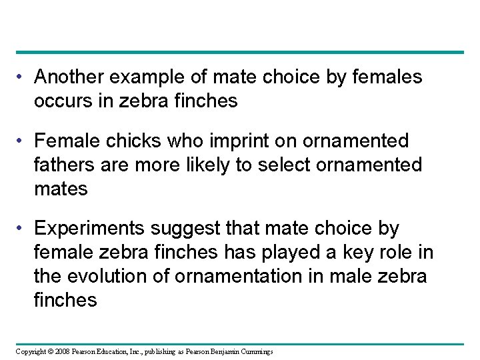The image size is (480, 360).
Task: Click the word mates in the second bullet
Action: point(61,189)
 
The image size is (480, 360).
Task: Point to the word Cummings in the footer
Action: point(253,351)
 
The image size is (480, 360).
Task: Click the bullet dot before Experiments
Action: point(21,229)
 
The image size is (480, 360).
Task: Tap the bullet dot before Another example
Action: point(21,77)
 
